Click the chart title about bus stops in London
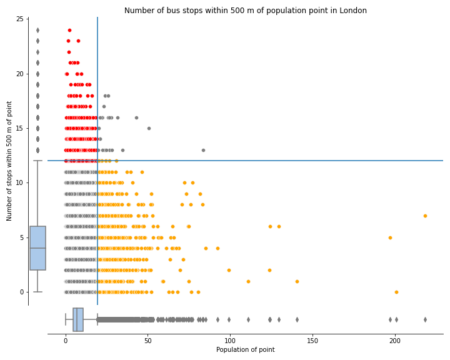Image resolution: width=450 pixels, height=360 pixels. click(246, 11)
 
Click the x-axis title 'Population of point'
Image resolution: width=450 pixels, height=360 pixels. click(246, 349)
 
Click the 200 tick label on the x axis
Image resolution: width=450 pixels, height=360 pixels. click(395, 340)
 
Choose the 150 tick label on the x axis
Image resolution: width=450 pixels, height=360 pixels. click(312, 340)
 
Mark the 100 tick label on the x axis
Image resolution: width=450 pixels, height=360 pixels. click(230, 340)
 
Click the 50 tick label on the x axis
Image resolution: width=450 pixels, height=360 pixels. click(147, 340)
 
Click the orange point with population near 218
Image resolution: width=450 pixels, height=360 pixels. click(425, 216)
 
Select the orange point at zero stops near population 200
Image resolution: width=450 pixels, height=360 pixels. click(396, 292)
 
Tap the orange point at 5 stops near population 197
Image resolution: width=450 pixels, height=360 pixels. click(390, 237)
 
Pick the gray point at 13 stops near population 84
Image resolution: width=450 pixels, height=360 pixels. click(203, 150)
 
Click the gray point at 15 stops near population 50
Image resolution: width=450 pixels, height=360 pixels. click(149, 128)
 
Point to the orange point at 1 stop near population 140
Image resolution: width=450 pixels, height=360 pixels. click(297, 281)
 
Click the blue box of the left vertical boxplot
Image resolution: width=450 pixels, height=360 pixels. click(37, 248)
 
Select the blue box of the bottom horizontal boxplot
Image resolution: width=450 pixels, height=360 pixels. click(78, 319)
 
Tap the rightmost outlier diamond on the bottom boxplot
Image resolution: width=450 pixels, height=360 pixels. click(425, 319)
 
